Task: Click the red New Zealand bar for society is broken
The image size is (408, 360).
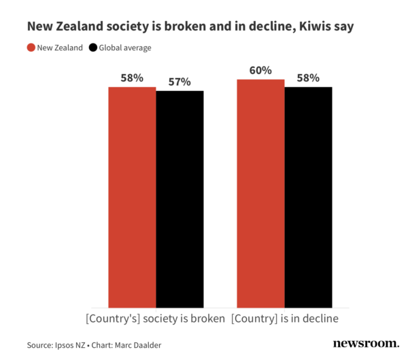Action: point(133,197)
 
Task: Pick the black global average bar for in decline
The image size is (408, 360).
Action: point(308,197)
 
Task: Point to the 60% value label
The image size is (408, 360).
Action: point(260,70)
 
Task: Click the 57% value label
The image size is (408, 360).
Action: point(180,82)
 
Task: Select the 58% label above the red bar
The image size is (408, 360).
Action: point(133,78)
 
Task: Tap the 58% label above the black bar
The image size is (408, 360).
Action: point(308,78)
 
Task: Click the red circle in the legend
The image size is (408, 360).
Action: point(31,48)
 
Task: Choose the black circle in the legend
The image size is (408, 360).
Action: point(93,48)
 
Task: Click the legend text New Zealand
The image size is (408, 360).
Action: point(60,48)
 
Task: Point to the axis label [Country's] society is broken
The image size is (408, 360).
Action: point(156,318)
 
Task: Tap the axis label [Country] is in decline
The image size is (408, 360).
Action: point(284,318)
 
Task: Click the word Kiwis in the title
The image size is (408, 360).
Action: point(322,27)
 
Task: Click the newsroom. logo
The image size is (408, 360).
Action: point(366,344)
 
